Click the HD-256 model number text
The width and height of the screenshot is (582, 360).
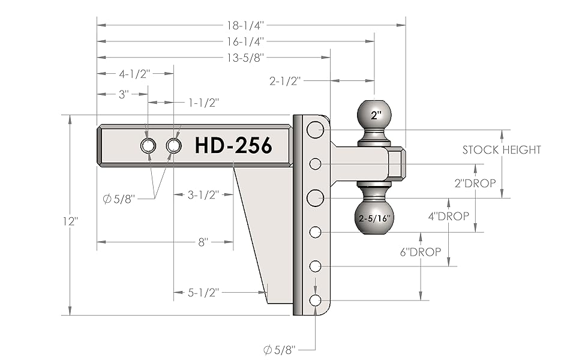click(233, 145)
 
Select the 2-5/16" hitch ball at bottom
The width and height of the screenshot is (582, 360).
click(375, 218)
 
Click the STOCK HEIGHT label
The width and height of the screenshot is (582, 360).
click(502, 150)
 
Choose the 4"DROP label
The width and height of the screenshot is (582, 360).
click(449, 217)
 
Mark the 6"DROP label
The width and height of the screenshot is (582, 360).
click(421, 251)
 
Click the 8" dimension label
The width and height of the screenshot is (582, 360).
click(203, 242)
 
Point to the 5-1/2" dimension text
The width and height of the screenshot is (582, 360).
click(203, 293)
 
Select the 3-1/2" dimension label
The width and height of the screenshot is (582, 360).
click(203, 194)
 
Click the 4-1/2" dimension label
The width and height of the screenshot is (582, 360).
click(134, 74)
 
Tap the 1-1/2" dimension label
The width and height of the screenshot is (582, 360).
click(203, 103)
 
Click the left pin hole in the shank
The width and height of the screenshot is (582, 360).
click(148, 145)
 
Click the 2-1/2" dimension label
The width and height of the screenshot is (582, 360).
click(285, 81)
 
